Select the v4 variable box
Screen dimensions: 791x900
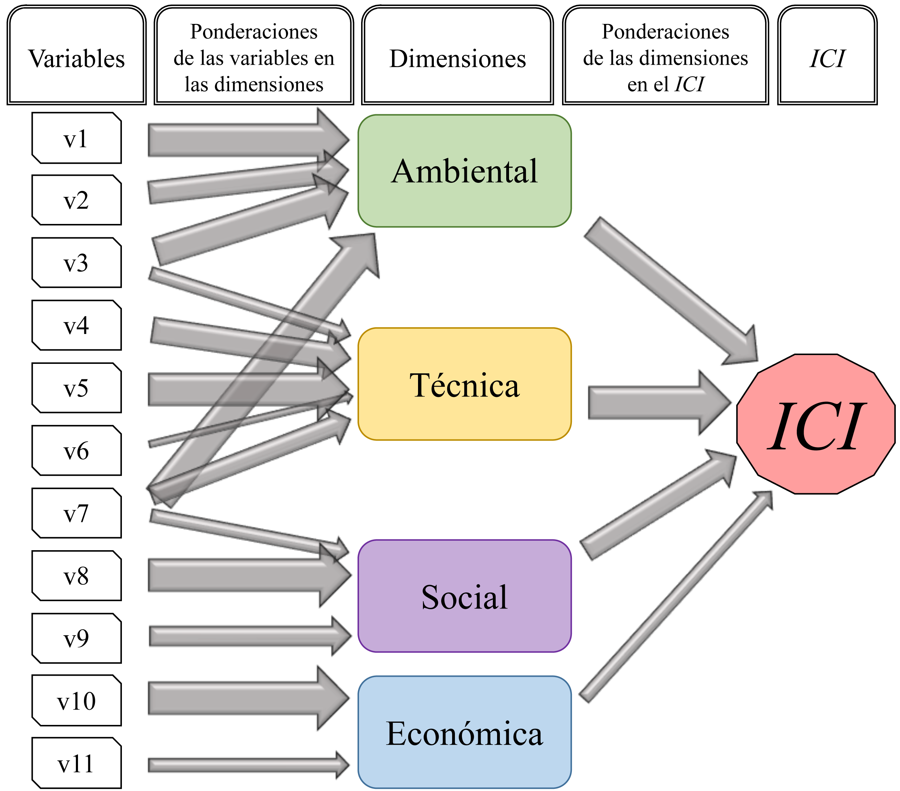(x=76, y=325)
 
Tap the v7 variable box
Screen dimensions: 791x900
(x=76, y=513)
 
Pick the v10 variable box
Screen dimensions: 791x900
(x=76, y=701)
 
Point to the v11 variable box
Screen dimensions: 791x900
(x=76, y=763)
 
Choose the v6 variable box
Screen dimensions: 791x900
(x=76, y=450)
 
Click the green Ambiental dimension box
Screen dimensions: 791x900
(x=464, y=171)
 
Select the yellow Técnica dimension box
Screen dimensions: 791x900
(x=464, y=384)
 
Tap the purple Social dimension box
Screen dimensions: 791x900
(x=464, y=596)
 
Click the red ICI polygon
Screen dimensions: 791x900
(x=815, y=424)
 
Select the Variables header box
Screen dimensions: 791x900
(x=76, y=56)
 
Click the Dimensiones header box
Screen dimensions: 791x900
(x=457, y=56)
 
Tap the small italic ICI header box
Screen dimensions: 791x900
(x=827, y=56)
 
